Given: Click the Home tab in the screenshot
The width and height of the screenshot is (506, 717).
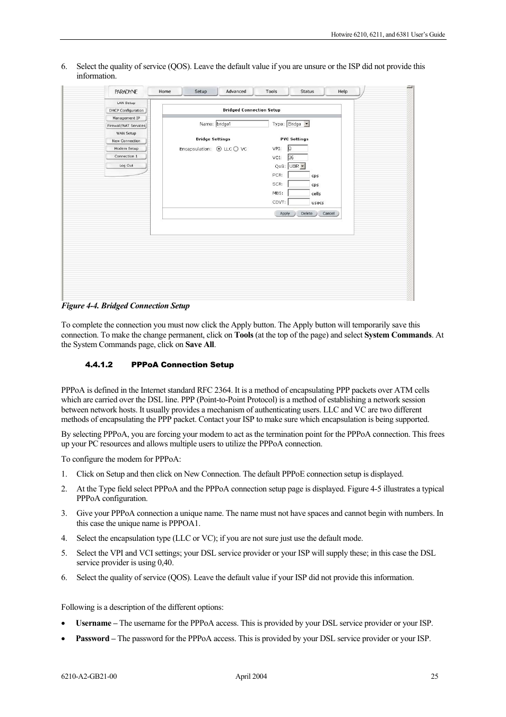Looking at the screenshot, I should tap(164, 91).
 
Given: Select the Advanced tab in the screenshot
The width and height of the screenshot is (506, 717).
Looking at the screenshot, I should tap(236, 91).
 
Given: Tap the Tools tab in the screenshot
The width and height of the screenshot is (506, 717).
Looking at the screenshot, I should tap(272, 91).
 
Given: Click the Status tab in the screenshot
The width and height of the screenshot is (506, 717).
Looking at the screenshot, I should tap(307, 91).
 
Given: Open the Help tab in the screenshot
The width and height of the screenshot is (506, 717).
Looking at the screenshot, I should tap(343, 91).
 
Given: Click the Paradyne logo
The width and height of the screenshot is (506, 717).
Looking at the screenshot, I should tap(126, 92).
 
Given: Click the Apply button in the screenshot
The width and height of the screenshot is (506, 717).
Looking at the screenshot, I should tap(285, 213).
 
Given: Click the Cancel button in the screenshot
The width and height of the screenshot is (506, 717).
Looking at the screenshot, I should tap(329, 213).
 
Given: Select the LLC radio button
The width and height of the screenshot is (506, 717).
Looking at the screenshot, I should tap(219, 149).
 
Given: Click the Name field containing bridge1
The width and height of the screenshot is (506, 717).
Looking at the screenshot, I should tap(242, 124).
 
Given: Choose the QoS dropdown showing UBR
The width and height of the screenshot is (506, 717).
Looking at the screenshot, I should tap(296, 166).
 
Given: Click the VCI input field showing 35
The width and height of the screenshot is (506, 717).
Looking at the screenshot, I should tap(298, 158).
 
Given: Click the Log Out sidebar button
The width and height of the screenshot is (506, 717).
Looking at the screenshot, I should tap(126, 166).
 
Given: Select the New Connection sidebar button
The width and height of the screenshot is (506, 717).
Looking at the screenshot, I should tap(126, 141).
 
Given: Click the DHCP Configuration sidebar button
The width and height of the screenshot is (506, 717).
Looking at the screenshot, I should tap(126, 110).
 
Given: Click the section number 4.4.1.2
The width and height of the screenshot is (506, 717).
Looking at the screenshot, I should tap(99, 365).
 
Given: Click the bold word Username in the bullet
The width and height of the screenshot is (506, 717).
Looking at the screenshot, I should tap(93, 623).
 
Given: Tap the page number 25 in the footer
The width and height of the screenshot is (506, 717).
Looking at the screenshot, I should tap(434, 676).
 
